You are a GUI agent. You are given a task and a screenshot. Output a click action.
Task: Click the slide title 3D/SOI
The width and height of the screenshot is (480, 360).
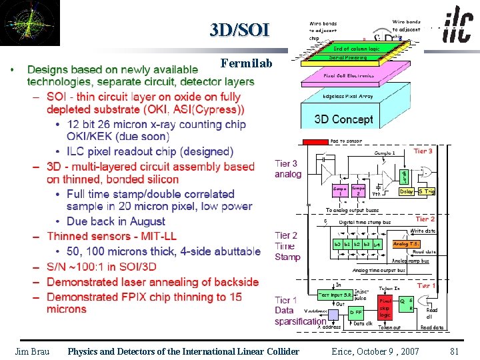tap(239, 30)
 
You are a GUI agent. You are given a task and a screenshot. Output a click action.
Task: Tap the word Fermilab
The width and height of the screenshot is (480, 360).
tap(246, 64)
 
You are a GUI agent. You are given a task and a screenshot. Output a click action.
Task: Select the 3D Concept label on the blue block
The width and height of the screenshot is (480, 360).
tap(343, 119)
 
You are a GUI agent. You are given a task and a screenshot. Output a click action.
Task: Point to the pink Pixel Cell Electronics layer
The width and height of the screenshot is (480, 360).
tap(349, 76)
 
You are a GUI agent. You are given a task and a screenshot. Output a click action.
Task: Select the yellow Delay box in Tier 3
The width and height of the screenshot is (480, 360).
tap(406, 191)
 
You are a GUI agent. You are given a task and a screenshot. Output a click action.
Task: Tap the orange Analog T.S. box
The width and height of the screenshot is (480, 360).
tap(405, 244)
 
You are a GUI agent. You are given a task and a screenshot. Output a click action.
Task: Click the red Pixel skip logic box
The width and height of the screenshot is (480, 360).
tap(386, 306)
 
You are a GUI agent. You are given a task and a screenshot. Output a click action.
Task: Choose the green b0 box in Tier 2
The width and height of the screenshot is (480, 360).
tap(338, 245)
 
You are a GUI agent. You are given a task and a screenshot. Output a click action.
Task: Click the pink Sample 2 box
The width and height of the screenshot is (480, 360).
tap(358, 191)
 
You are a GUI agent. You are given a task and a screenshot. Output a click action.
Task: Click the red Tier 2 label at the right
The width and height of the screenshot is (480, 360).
tap(425, 219)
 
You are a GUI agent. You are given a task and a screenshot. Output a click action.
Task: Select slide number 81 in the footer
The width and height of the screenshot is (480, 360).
tap(455, 351)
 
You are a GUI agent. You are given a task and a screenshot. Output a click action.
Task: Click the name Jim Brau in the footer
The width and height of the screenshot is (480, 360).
tap(33, 351)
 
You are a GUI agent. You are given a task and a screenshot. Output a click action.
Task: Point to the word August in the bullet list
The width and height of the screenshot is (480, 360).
tap(144, 221)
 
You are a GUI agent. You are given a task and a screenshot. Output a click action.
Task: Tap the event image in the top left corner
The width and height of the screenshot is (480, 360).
tap(30, 23)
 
